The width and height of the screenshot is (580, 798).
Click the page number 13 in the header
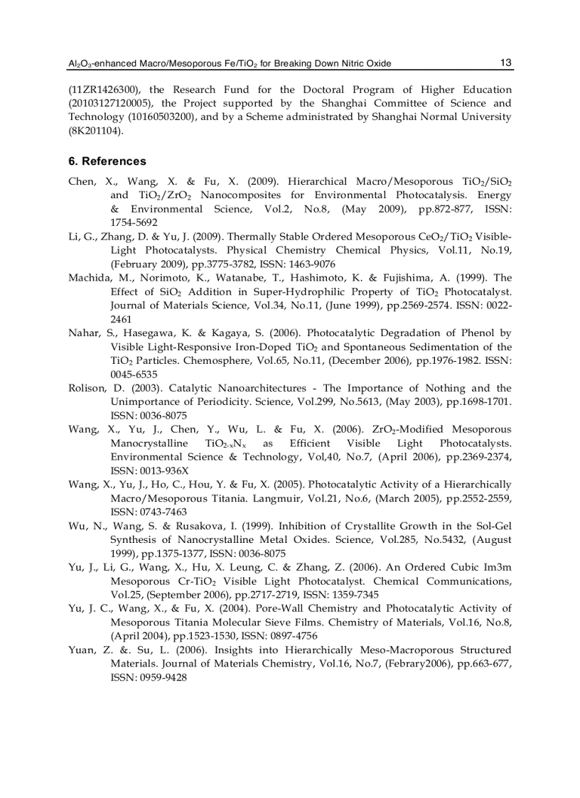(506, 63)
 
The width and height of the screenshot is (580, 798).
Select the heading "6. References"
(107, 161)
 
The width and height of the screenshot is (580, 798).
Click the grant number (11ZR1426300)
(100, 90)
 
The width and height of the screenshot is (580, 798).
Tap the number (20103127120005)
(107, 103)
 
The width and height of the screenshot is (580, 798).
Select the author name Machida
(90, 278)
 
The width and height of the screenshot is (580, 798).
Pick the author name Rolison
(87, 388)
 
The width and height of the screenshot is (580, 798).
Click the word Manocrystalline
(149, 443)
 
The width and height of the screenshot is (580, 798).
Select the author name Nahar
(84, 333)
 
